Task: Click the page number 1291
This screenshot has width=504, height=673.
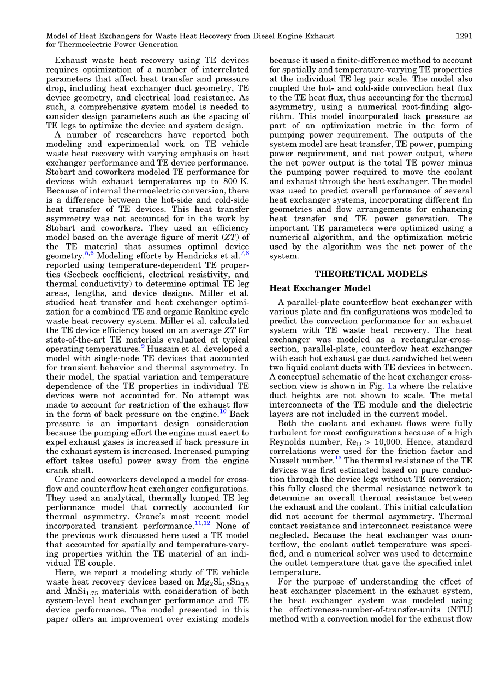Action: click(x=464, y=36)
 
